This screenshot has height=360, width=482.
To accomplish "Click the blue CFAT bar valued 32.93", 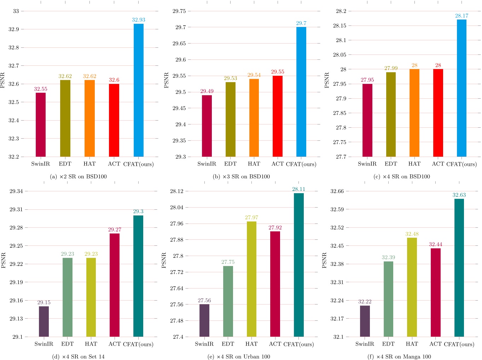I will click(139, 90).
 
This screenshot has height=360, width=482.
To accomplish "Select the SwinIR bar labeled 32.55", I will click(41, 124).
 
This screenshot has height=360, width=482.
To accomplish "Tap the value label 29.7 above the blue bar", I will click(301, 23).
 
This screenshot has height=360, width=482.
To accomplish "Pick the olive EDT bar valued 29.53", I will click(230, 119).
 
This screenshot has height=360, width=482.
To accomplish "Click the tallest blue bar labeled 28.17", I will click(461, 88).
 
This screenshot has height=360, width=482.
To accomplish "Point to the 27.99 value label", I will click(391, 68).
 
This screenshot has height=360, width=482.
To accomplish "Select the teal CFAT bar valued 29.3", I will click(138, 276).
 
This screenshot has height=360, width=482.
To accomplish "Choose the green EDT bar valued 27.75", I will click(228, 301).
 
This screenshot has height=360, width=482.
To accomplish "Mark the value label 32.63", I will click(459, 195).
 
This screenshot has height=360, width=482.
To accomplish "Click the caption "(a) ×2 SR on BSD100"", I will click(79, 176).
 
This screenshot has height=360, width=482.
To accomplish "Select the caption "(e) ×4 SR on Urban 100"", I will click(239, 356).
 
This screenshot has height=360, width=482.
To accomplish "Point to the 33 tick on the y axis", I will click(16, 11).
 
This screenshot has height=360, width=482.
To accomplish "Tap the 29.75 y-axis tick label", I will click(179, 11).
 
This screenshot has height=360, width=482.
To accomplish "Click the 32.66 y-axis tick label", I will click(337, 191).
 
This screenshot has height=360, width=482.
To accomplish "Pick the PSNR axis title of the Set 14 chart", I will click(4, 260).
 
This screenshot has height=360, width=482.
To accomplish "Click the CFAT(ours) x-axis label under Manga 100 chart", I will click(459, 344).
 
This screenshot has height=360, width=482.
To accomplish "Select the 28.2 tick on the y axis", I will click(341, 11).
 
